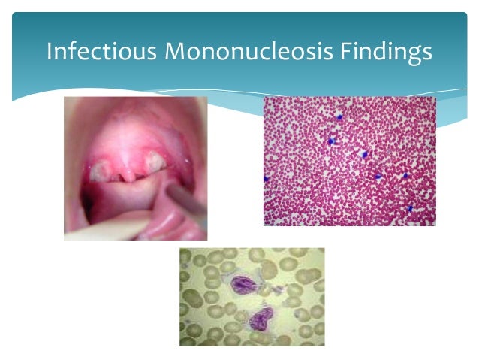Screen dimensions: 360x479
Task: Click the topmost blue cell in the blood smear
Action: click(339, 118)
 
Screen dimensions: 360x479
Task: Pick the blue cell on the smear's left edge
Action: click(266, 179)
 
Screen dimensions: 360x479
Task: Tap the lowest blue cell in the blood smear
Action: click(410, 208)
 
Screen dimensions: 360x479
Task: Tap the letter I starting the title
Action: click(49, 52)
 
